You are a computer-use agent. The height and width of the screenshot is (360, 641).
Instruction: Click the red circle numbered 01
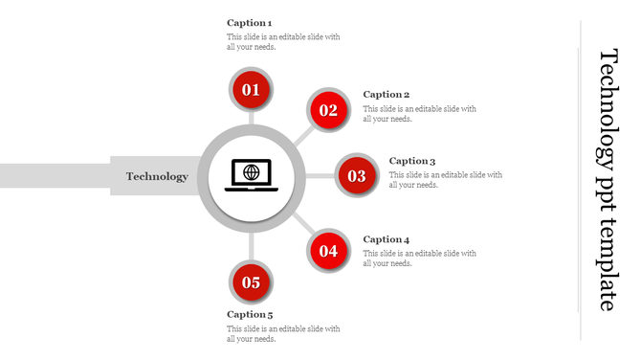tap(251, 90)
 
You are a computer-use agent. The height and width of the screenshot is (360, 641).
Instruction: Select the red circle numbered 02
tap(328, 110)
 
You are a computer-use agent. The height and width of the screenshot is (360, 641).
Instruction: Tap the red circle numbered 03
tap(357, 176)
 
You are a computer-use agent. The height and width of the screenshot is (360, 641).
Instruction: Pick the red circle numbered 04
tap(328, 252)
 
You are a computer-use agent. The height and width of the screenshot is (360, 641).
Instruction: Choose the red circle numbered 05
tap(251, 282)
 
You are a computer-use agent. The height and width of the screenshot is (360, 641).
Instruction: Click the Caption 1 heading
tap(250, 22)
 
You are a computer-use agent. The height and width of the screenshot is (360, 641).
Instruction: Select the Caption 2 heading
tap(387, 94)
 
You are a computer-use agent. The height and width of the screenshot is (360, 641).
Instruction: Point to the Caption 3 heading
tap(412, 161)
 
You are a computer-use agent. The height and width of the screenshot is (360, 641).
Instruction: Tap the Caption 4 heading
tap(387, 239)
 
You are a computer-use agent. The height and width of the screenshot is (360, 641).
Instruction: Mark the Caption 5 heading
tap(250, 314)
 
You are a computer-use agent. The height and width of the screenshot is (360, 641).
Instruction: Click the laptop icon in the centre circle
tap(251, 175)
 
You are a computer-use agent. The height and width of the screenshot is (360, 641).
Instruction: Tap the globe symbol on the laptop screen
tap(251, 172)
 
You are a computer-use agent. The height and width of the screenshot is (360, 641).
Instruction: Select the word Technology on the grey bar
tap(157, 176)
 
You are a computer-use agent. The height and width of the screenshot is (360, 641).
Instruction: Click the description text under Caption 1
tap(283, 42)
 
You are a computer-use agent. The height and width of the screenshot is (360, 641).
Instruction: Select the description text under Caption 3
tap(445, 180)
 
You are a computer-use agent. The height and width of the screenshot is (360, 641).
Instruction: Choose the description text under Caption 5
tap(283, 333)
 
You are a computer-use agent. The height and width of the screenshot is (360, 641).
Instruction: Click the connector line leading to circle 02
tap(302, 135)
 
